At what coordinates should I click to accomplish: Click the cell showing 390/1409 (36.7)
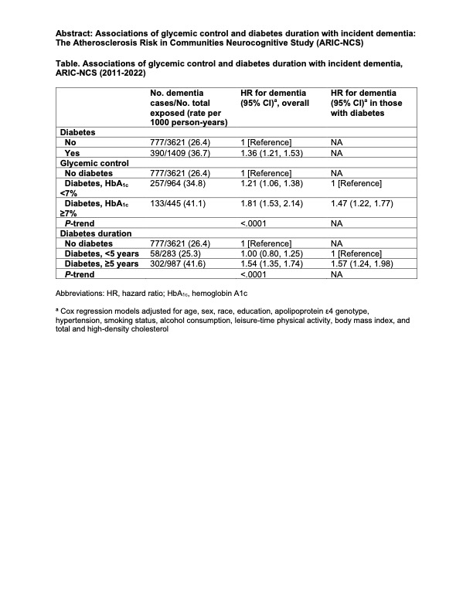pos(182,153)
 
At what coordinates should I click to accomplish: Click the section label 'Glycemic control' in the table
pos(90,163)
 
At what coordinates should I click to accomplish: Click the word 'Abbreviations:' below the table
pos(83,294)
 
